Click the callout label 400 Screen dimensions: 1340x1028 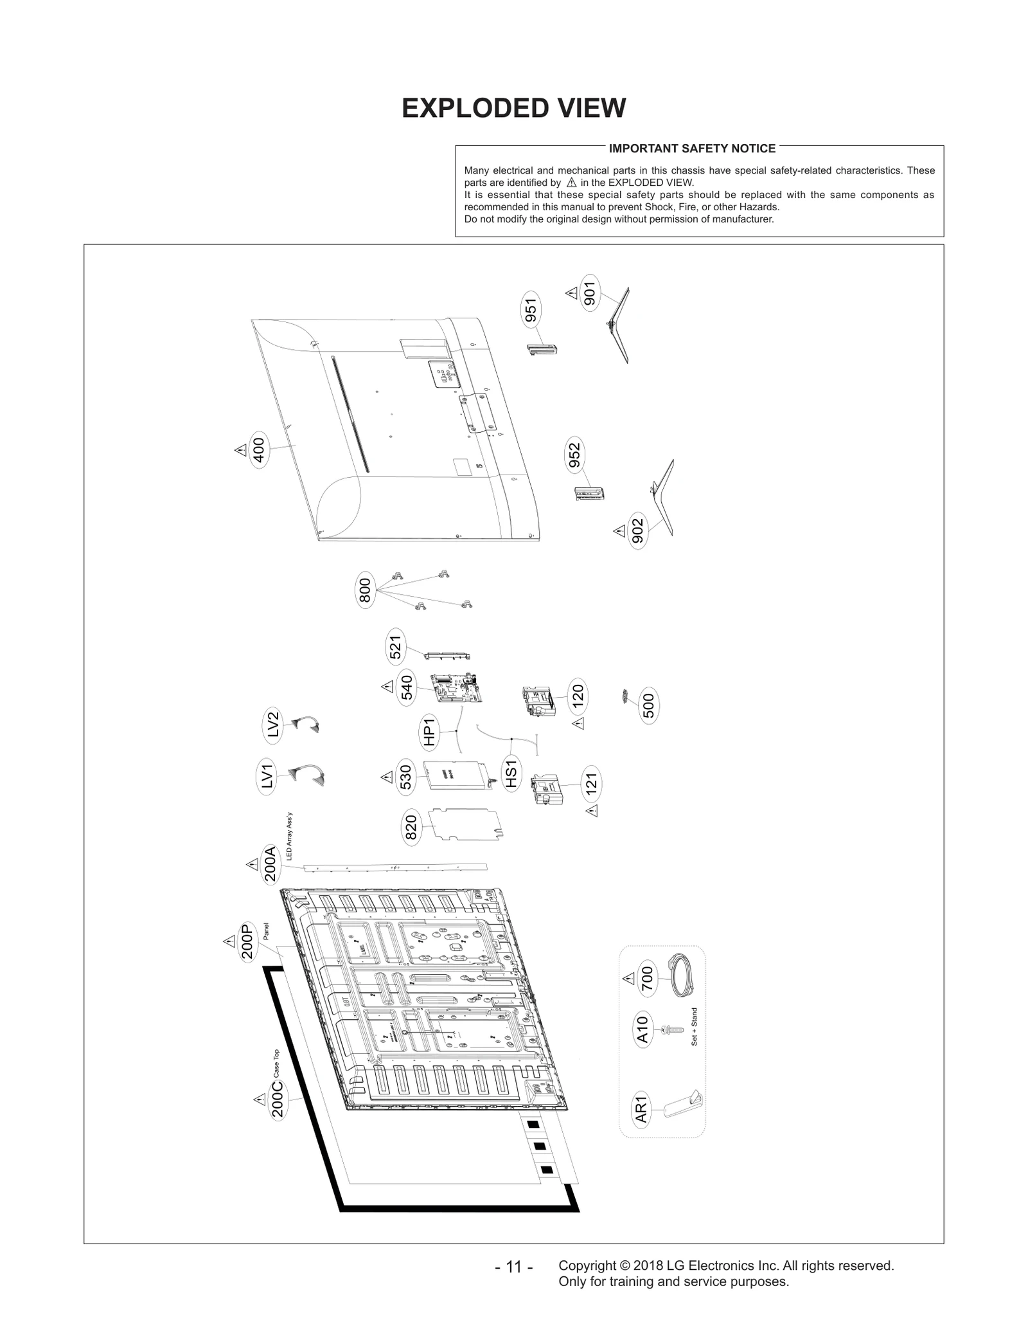click(x=258, y=450)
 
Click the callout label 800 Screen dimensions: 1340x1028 click(x=365, y=590)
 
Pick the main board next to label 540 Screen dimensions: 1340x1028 click(x=456, y=689)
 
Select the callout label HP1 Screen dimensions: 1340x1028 click(x=429, y=732)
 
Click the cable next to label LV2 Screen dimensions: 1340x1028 click(x=306, y=725)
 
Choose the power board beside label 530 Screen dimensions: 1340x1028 click(x=456, y=777)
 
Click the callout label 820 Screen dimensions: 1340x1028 click(x=411, y=828)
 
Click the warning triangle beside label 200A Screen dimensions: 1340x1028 click(x=253, y=865)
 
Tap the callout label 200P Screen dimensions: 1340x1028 click(x=247, y=942)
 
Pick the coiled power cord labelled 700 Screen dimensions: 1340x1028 click(x=678, y=977)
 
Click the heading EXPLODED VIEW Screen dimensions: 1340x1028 click(x=513, y=108)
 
